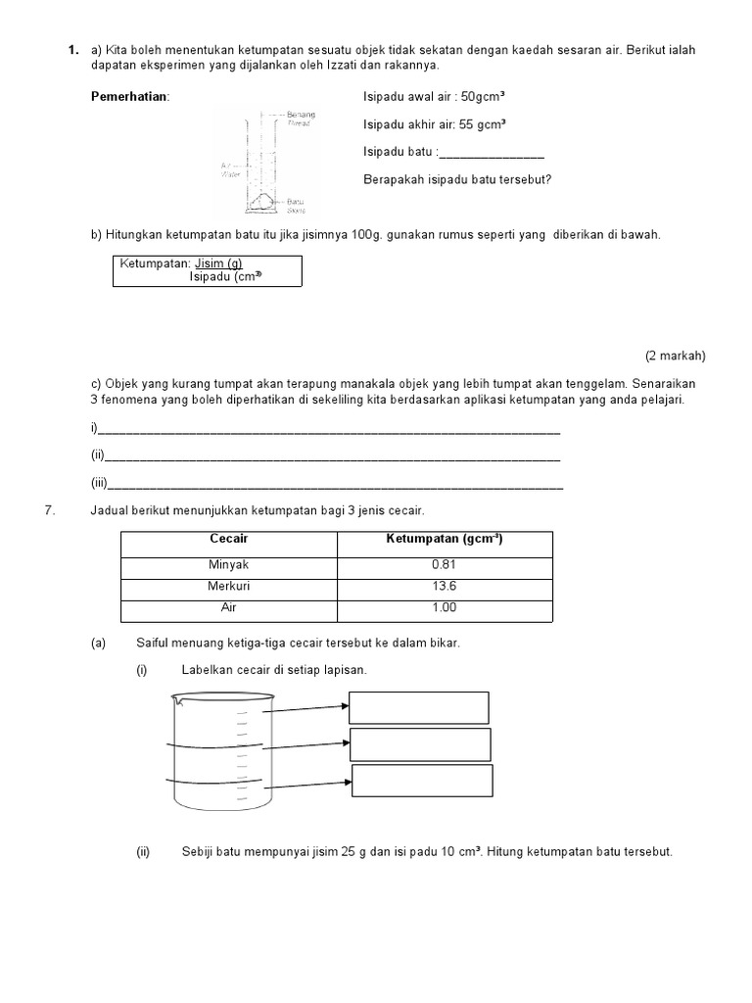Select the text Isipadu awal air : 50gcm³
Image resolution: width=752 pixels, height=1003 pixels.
(434, 97)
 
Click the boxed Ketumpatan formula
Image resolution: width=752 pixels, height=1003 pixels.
(208, 270)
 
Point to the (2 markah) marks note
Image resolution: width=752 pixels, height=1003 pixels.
(675, 356)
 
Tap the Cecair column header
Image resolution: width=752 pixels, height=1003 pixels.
(229, 540)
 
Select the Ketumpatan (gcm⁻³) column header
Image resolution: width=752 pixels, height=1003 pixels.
(445, 540)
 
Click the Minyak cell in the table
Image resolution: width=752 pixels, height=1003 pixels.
(229, 565)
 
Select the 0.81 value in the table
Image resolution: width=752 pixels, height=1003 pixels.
(445, 565)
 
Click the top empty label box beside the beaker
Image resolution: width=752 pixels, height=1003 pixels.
(419, 707)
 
